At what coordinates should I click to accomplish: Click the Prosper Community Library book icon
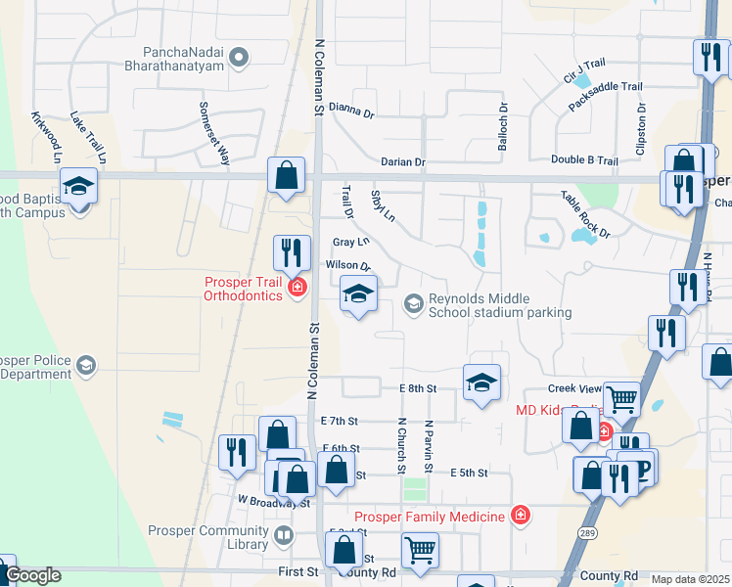tap(283, 535)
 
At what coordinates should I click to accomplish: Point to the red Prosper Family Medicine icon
tap(520, 516)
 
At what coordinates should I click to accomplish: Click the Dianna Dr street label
tap(351, 111)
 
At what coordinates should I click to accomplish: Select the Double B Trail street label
tap(584, 160)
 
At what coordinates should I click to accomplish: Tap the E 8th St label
tap(417, 388)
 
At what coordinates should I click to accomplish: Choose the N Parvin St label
tap(428, 446)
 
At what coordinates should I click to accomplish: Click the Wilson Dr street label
tap(347, 265)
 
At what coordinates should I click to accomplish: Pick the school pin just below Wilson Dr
tap(358, 294)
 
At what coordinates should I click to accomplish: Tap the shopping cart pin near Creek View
tap(621, 399)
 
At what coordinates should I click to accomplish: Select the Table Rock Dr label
tap(584, 214)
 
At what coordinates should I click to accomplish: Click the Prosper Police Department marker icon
tap(87, 366)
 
